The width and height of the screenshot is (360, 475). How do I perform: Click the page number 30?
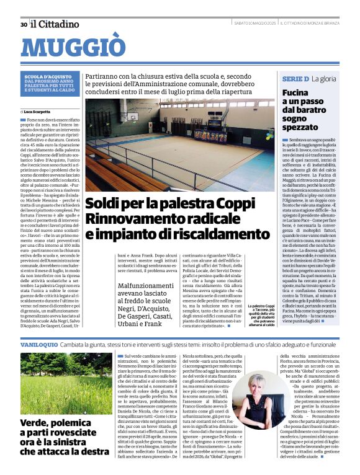click(24, 24)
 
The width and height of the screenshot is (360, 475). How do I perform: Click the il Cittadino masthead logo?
click(56, 24)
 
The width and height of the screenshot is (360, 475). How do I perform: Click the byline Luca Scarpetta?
click(41, 111)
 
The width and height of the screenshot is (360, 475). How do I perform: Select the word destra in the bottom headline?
click(93, 452)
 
